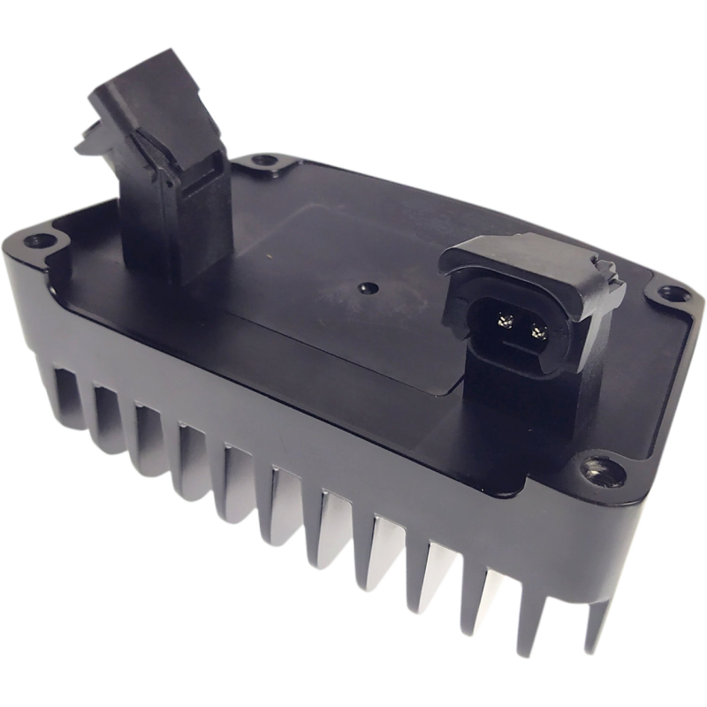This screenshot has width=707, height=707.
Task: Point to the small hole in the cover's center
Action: (x=364, y=288)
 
